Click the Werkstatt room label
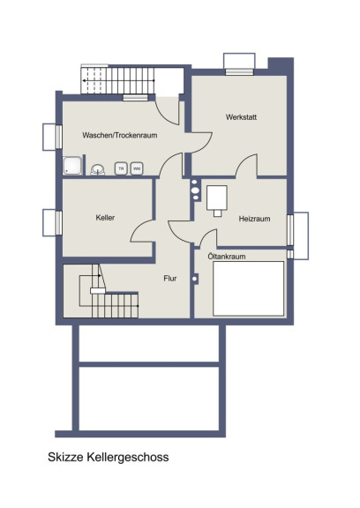tap(241, 117)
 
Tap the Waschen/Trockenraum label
tap(120, 135)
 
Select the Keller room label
tap(105, 218)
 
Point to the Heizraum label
tap(254, 219)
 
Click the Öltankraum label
tap(227, 257)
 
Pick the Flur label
tap(170, 279)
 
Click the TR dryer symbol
tap(121, 168)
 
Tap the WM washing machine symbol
tap(137, 168)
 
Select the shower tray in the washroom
tap(72, 166)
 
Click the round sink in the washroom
tap(98, 169)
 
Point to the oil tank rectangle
tap(249, 288)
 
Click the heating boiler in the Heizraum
tap(217, 201)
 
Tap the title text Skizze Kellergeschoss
tap(109, 457)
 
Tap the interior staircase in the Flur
tap(109, 291)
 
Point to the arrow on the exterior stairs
tap(118, 80)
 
